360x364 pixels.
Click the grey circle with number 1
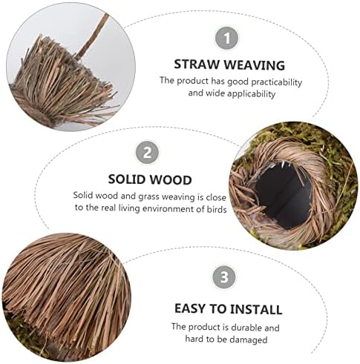pyautogui.click(x=226, y=39)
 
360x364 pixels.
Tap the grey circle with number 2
pyautogui.click(x=147, y=153)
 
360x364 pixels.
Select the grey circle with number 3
pyautogui.click(x=224, y=277)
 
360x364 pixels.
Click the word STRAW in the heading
pyautogui.click(x=197, y=64)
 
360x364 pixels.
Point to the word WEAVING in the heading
pyautogui.click(x=255, y=65)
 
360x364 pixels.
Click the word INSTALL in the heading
pyautogui.click(x=256, y=309)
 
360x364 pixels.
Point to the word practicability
pyautogui.click(x=277, y=83)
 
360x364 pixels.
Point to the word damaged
pyautogui.click(x=249, y=340)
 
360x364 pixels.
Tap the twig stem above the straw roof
pyautogui.click(x=93, y=35)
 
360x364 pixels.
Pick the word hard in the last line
pyautogui.click(x=194, y=339)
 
